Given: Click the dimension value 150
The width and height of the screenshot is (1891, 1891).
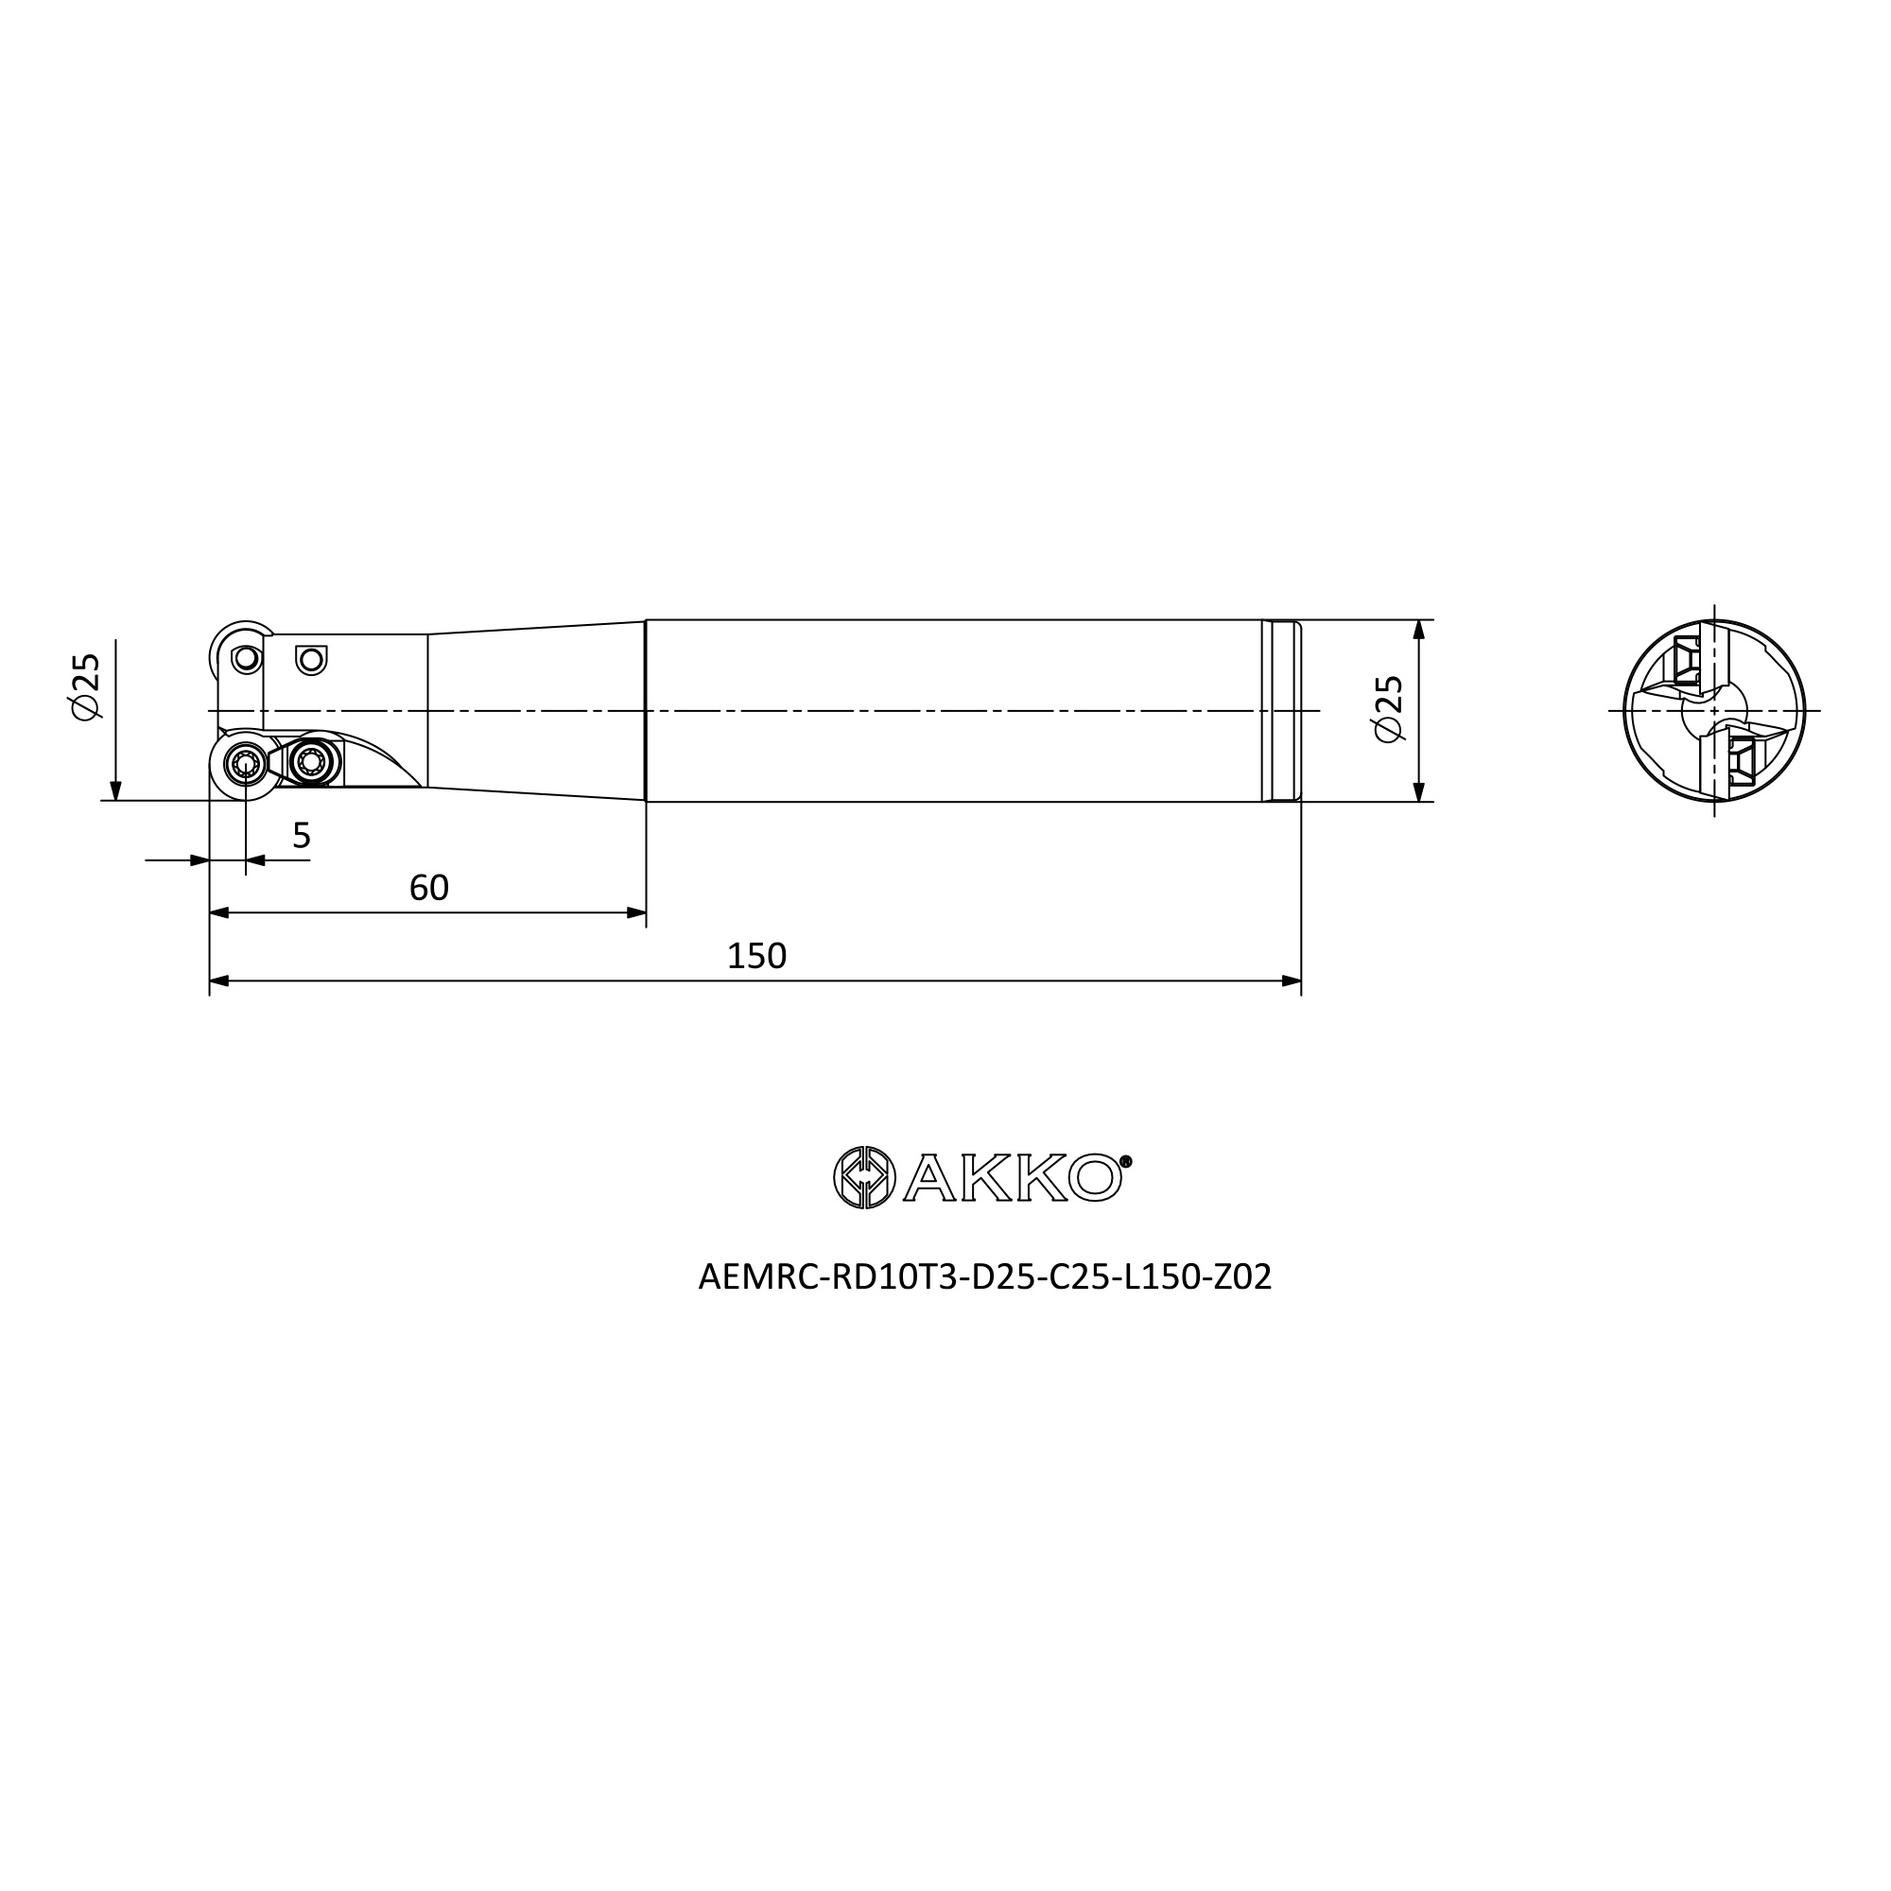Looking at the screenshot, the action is click(756, 956).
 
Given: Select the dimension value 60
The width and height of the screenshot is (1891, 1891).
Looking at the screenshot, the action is click(428, 888).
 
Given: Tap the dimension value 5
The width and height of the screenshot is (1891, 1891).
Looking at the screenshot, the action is click(302, 836).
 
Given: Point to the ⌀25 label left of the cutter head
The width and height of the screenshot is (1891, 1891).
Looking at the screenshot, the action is click(86, 686).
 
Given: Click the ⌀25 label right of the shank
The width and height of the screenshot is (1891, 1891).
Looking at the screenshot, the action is click(1389, 708).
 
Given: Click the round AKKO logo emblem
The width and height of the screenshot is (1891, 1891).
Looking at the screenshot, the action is click(864, 1176).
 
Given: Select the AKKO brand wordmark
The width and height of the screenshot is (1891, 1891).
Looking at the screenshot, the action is click(1012, 1177).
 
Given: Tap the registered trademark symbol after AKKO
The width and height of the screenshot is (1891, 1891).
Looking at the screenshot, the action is click(1125, 1162).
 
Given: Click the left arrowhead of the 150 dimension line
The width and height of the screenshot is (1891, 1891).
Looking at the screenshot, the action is click(219, 980).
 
